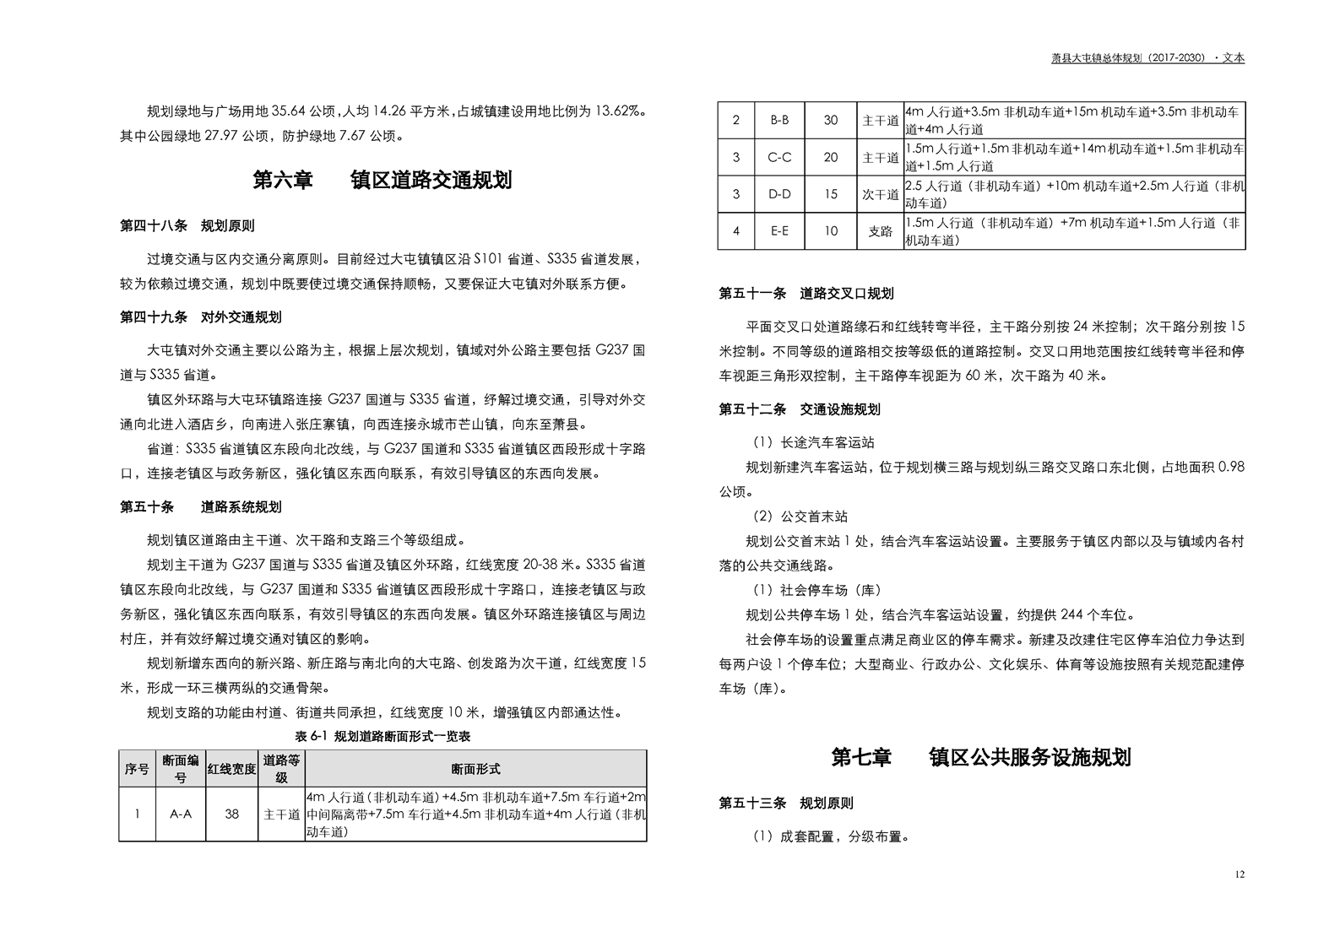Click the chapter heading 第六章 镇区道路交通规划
(x=382, y=181)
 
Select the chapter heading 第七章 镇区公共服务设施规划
(x=980, y=757)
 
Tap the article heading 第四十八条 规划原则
(x=187, y=226)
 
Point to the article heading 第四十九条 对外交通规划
(x=200, y=317)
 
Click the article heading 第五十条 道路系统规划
(x=200, y=507)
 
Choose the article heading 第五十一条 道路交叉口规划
(x=806, y=294)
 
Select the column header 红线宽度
(x=231, y=769)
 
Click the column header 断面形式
(x=475, y=769)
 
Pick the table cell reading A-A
(x=181, y=814)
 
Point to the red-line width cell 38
(x=231, y=814)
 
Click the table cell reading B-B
(x=779, y=121)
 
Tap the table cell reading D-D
(x=779, y=195)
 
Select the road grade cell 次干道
(x=880, y=195)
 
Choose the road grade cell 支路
(x=880, y=231)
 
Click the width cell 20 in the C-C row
(x=831, y=158)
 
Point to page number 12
(x=1239, y=874)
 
